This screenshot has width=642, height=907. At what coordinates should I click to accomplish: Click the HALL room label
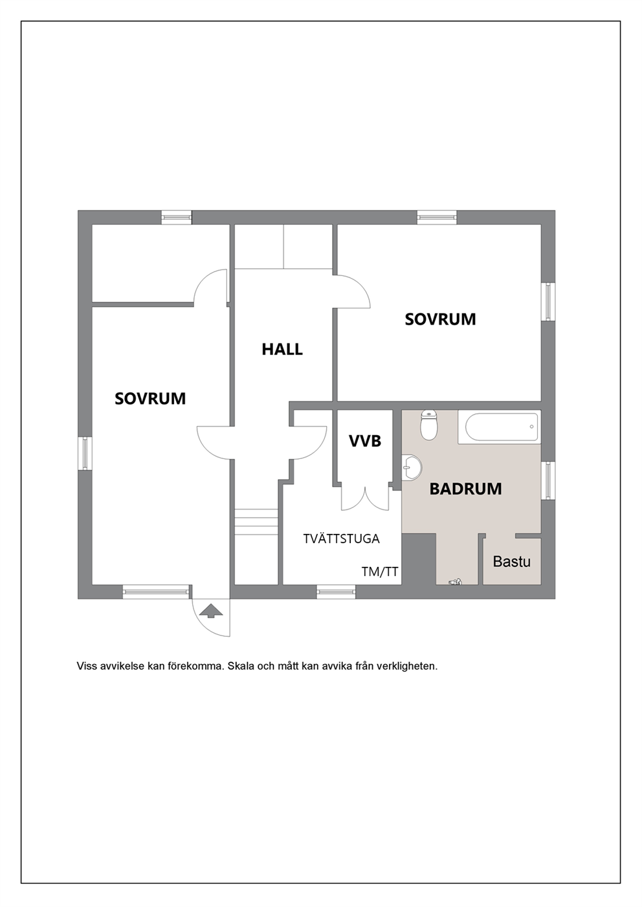pyautogui.click(x=282, y=349)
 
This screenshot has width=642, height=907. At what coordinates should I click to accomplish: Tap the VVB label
pyautogui.click(x=365, y=441)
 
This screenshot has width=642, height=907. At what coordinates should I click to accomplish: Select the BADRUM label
pyautogui.click(x=465, y=489)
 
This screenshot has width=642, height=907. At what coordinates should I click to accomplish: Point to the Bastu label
pyautogui.click(x=511, y=562)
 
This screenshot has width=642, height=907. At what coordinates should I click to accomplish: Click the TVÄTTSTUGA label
pyautogui.click(x=341, y=539)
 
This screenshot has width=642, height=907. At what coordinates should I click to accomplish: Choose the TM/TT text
pyautogui.click(x=380, y=571)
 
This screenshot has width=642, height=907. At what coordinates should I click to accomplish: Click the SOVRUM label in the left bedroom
pyautogui.click(x=150, y=398)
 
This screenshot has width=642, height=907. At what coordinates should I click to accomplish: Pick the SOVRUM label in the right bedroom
pyautogui.click(x=440, y=319)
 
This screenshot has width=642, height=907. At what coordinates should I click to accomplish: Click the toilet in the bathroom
pyautogui.click(x=429, y=425)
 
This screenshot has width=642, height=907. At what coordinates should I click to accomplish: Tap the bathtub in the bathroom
pyautogui.click(x=500, y=427)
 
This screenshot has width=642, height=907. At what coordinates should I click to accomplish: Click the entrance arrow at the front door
pyautogui.click(x=211, y=610)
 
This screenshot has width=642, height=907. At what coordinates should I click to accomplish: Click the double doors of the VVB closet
pyautogui.click(x=365, y=498)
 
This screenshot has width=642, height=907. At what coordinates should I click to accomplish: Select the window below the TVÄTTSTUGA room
pyautogui.click(x=336, y=592)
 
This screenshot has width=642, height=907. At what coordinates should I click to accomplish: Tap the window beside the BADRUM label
pyautogui.click(x=548, y=480)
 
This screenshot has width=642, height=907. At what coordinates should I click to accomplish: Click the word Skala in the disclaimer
pyautogui.click(x=239, y=666)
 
